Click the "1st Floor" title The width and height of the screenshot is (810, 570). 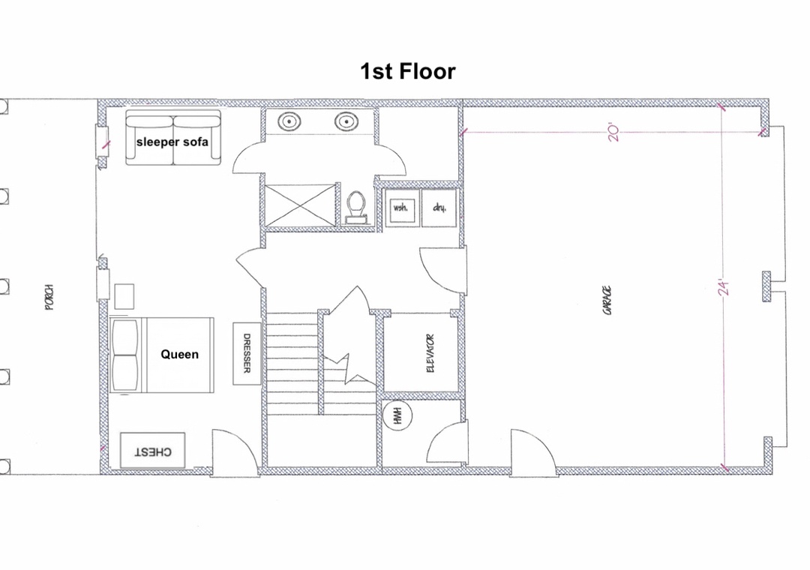pos(407,71)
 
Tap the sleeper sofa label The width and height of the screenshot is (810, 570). pos(172,142)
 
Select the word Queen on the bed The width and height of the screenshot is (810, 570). pos(180,355)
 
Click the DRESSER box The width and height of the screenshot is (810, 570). pos(247,353)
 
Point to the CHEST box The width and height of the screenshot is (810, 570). pos(152,451)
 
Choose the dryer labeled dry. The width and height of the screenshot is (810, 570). pos(439,208)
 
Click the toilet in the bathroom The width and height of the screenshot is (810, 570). pos(356,207)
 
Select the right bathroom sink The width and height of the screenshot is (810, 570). pos(346,122)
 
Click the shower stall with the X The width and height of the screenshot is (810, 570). pos(299,205)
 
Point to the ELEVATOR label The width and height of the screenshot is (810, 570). pos(430,353)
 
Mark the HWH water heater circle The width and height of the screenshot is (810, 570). pos(397,416)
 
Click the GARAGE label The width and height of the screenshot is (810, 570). pos(607,300)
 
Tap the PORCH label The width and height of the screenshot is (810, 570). pos(49,297)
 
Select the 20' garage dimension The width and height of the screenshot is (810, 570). pos(613,132)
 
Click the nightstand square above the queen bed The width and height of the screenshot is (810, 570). pos(124,297)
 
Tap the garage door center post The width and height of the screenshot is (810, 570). pos(766,286)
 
